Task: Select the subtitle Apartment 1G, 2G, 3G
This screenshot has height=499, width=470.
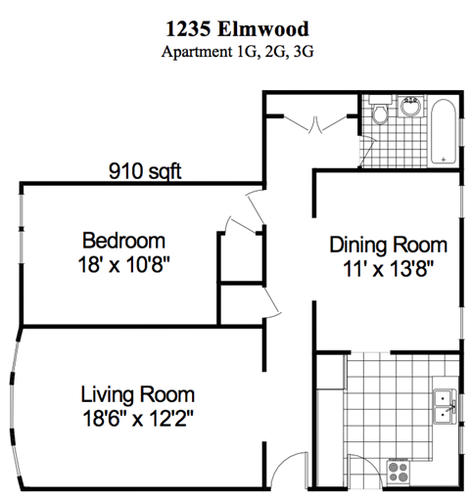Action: tap(234, 52)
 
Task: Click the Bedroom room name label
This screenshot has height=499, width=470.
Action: tap(123, 241)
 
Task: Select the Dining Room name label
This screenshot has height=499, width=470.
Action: tap(388, 245)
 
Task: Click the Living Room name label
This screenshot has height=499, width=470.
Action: tap(137, 395)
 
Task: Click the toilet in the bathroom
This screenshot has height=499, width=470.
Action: tap(381, 114)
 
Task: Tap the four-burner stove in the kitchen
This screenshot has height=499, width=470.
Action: tap(399, 472)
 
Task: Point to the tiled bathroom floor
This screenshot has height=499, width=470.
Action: tap(401, 142)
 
